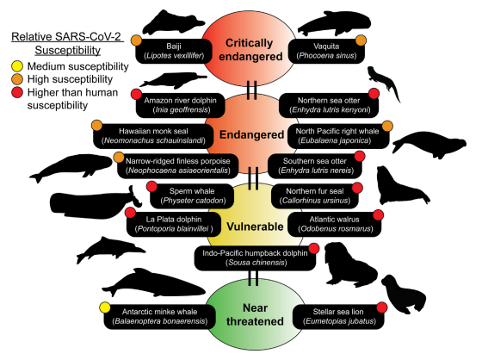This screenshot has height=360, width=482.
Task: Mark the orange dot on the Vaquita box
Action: (374, 40)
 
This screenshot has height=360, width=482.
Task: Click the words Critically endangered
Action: (250, 50)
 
